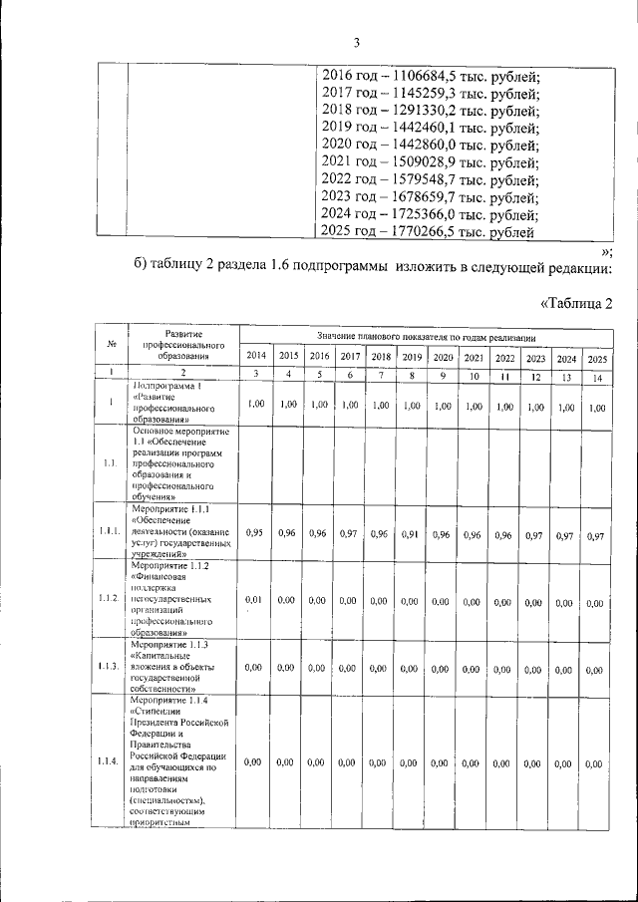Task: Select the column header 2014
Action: (x=255, y=356)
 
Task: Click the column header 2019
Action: (x=412, y=357)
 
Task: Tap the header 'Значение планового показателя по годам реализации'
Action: (x=427, y=335)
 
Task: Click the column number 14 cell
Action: (x=596, y=375)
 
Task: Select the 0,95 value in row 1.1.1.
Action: (x=255, y=533)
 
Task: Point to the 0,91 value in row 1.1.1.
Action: (x=412, y=534)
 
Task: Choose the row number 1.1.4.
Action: (x=112, y=761)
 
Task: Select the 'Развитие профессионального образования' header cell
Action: (x=179, y=344)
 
